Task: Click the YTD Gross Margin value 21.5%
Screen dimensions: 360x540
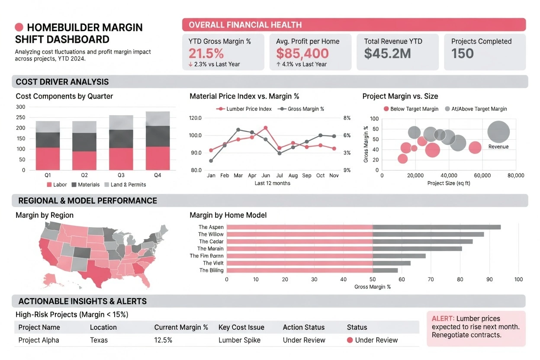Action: [206, 53]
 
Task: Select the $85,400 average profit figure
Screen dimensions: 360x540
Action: [302, 53]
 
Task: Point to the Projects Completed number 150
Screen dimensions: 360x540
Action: [462, 53]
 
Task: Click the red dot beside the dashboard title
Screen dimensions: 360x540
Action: [19, 27]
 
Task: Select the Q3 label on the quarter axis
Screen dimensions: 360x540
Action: [121, 175]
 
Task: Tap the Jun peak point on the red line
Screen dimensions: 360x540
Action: [265, 128]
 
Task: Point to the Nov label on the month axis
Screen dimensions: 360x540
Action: [334, 176]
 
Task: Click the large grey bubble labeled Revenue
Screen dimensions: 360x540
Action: [498, 132]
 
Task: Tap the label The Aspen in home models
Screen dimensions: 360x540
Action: [211, 227]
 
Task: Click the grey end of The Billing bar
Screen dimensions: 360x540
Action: [385, 270]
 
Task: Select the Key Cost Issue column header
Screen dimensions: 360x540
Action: [241, 328]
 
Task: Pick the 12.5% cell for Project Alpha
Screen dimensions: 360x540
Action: [163, 340]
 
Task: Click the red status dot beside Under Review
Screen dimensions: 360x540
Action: [350, 340]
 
